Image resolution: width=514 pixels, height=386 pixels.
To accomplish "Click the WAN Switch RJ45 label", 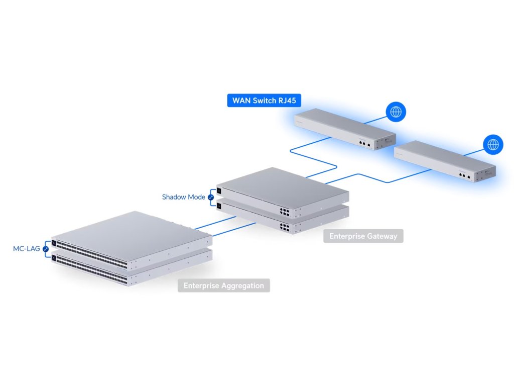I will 264,101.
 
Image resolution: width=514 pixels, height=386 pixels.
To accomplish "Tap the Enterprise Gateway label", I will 363,236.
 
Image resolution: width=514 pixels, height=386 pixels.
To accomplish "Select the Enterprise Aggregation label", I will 224,285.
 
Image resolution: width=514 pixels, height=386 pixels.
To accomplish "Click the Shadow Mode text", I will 184,197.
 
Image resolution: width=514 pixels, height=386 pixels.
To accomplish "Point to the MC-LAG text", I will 27,248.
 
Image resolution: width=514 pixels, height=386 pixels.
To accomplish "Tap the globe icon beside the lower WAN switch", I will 493,145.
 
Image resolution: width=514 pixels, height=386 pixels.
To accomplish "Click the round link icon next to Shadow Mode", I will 211,198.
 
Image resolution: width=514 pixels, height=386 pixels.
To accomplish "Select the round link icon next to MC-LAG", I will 46,249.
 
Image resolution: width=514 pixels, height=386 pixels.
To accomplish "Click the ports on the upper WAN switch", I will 364,143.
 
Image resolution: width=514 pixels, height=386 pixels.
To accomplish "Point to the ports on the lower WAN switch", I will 464,175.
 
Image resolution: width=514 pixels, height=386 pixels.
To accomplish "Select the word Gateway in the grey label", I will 380,236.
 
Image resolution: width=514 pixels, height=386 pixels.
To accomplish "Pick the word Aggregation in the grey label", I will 243,285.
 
